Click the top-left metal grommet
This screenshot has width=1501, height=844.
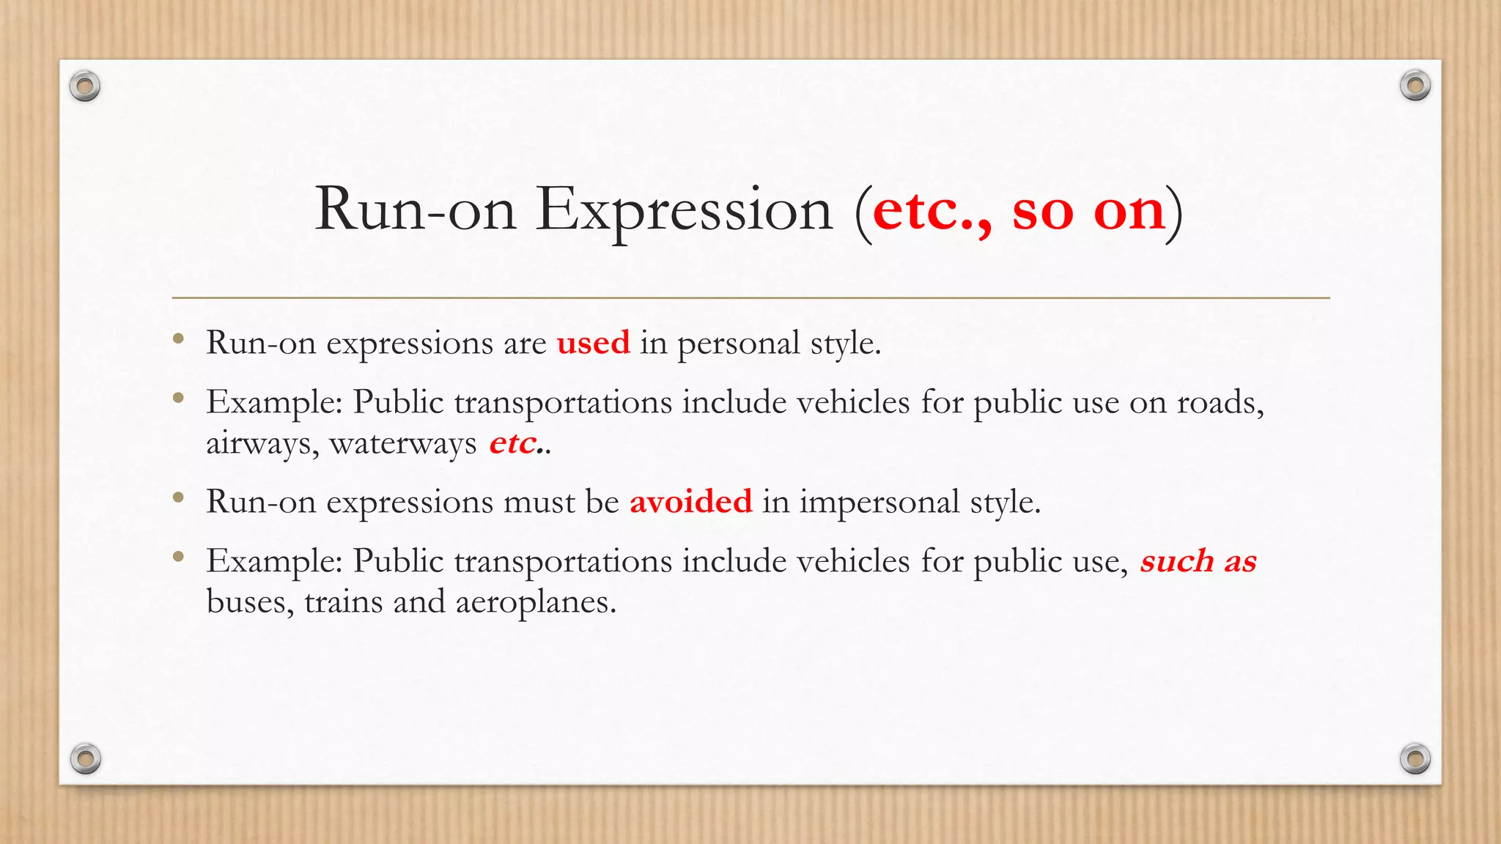(85, 86)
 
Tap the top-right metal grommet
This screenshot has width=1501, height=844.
(1415, 86)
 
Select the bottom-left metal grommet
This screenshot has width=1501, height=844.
(85, 758)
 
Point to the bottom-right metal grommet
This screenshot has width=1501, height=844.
(1415, 758)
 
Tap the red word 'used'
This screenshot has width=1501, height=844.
(593, 343)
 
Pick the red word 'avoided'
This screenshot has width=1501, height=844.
(690, 502)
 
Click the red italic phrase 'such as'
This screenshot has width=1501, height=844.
(1198, 561)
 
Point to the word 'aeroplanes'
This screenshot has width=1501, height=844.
(535, 602)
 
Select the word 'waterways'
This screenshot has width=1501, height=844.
(403, 443)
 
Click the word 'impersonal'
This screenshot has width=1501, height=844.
(879, 502)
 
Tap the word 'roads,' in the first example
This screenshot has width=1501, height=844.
(1220, 402)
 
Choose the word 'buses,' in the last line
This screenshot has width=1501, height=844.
(250, 602)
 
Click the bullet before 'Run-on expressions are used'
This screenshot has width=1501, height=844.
(178, 338)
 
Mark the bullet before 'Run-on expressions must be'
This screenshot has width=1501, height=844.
(178, 497)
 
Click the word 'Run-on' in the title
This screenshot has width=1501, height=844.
(416, 211)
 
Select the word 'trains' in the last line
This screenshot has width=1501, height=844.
(343, 602)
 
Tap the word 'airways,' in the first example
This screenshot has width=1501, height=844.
(262, 443)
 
